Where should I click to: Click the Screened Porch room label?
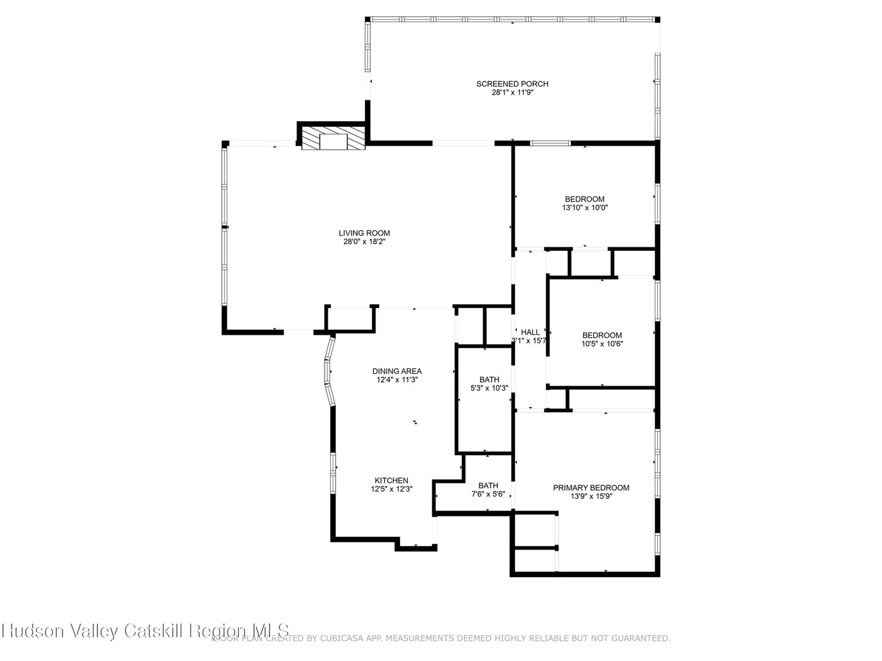coord(512,84)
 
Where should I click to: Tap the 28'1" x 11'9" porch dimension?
coord(512,93)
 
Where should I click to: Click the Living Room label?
coord(364,233)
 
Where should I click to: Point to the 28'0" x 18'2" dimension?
coord(364,242)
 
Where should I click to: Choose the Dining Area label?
coord(397,371)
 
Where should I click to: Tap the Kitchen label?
coord(391,480)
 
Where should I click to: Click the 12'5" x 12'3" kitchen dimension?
coord(391,489)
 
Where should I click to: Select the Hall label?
coord(530,332)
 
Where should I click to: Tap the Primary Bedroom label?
coord(591,488)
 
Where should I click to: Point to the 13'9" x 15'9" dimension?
coord(591,496)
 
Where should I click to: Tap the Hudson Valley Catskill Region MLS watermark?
coord(145,631)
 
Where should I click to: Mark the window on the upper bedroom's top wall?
coord(550,143)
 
